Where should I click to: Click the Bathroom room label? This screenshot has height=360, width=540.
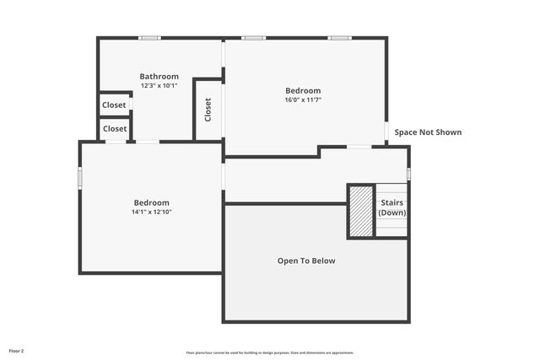(x=159, y=77)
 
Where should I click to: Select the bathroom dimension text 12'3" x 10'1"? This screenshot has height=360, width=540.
(x=159, y=85)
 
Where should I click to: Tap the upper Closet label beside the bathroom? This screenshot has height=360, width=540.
(x=114, y=105)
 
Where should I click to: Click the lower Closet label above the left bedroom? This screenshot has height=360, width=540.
(x=115, y=129)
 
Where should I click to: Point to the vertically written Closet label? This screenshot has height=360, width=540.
(x=208, y=110)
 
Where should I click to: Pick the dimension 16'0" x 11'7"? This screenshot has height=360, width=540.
(x=303, y=99)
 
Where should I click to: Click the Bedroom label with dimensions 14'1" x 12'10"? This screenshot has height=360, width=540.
(x=152, y=202)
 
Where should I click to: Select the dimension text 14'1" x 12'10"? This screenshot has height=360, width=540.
(x=152, y=212)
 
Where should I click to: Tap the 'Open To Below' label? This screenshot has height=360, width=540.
(x=306, y=261)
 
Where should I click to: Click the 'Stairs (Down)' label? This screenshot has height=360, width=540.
(x=392, y=208)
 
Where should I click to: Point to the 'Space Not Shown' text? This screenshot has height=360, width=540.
(x=428, y=132)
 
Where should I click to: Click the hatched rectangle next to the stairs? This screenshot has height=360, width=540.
(x=361, y=212)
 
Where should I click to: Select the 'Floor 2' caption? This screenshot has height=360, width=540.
(x=17, y=350)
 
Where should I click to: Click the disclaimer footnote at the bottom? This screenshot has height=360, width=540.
(x=270, y=352)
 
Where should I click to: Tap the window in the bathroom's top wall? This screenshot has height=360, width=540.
(x=150, y=38)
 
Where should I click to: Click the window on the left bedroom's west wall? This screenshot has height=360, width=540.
(x=81, y=178)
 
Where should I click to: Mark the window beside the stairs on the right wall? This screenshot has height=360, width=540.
(x=408, y=174)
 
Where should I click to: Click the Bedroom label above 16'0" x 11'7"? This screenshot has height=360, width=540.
(x=303, y=90)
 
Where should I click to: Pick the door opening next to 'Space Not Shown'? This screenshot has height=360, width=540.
(x=387, y=132)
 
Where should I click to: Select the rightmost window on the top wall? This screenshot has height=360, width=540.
(x=339, y=38)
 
